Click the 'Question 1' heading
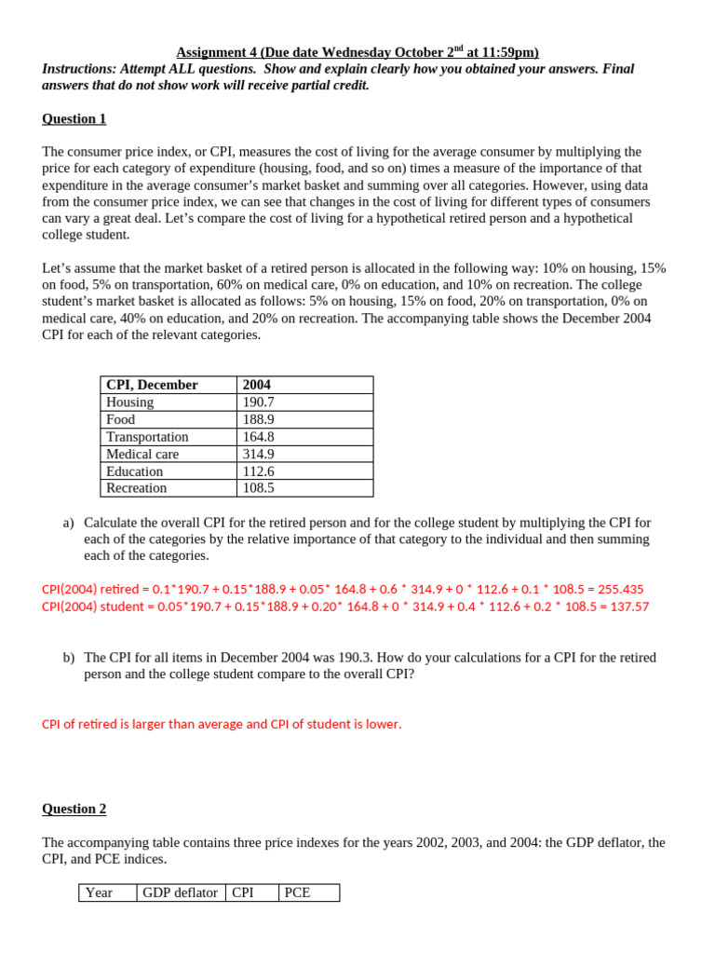(74, 118)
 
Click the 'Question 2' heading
(74, 809)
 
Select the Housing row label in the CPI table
(130, 402)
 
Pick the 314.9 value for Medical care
(259, 454)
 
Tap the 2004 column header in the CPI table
(257, 385)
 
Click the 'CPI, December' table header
(152, 385)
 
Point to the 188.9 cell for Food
(259, 419)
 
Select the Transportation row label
(147, 437)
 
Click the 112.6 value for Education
(259, 471)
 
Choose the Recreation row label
(137, 488)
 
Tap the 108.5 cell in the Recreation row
(259, 488)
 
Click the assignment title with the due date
(357, 52)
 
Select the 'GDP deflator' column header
(180, 893)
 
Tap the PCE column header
(298, 893)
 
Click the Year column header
(99, 893)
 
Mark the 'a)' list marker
(68, 523)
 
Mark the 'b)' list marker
(68, 658)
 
